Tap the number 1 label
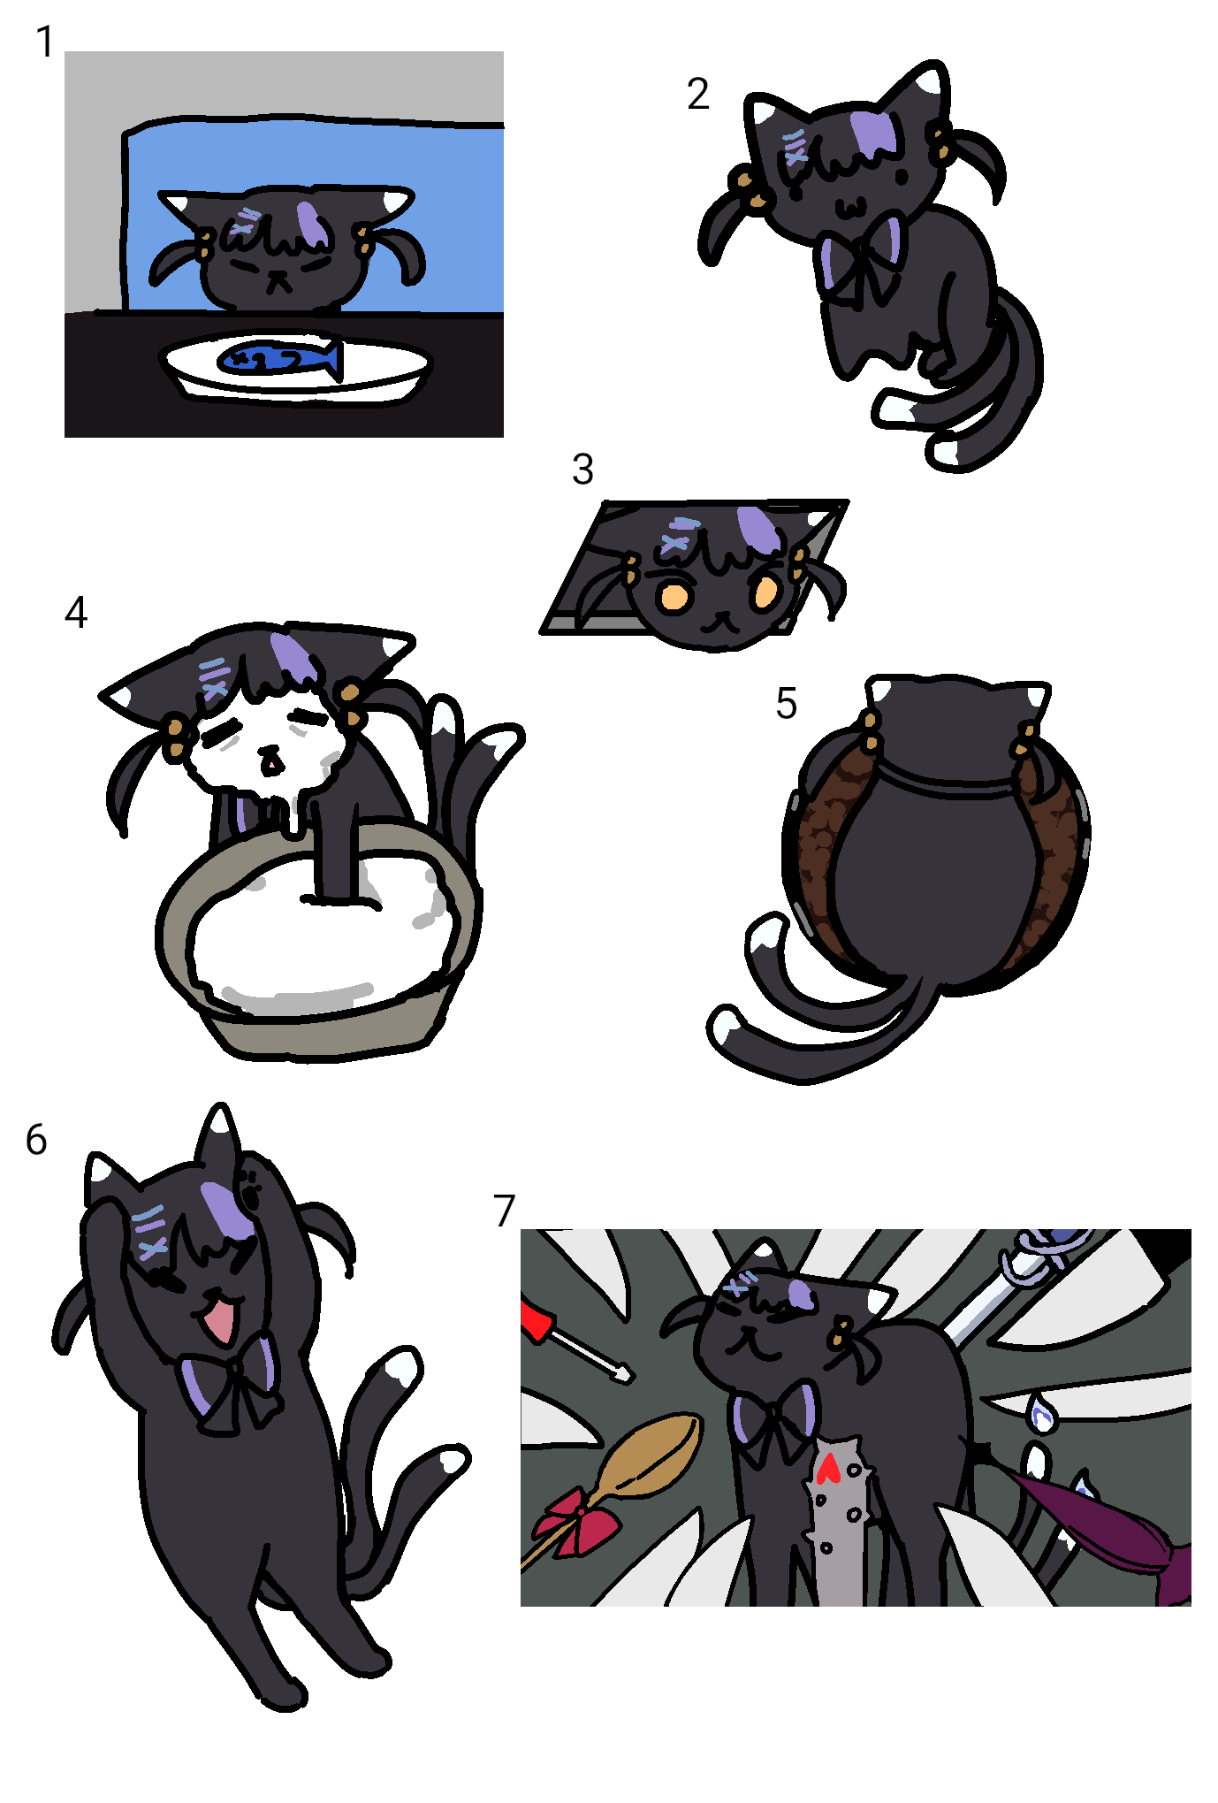45,42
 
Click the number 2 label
697,94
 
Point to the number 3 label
582,469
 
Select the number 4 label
76,612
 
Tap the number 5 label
786,704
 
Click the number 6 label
36,1140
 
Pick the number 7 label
504,1211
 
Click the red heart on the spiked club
828,1468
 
